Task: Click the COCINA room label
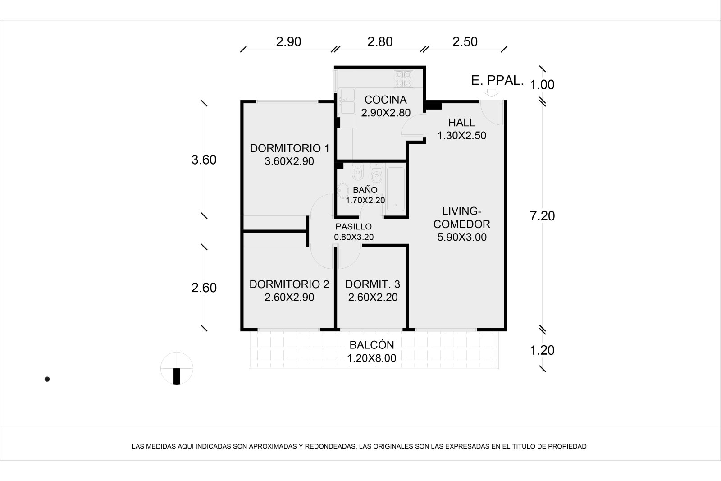pyautogui.click(x=386, y=100)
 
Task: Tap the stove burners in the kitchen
pyautogui.click(x=404, y=79)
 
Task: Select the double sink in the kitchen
pyautogui.click(x=347, y=101)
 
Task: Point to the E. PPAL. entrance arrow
pyautogui.click(x=491, y=93)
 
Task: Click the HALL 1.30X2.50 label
pyautogui.click(x=461, y=129)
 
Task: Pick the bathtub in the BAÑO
pyautogui.click(x=396, y=189)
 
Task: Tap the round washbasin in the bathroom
pyautogui.click(x=343, y=191)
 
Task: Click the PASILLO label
pyautogui.click(x=353, y=227)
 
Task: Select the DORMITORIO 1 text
pyautogui.click(x=289, y=148)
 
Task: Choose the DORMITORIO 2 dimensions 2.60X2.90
pyautogui.click(x=289, y=298)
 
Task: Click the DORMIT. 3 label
pyautogui.click(x=373, y=284)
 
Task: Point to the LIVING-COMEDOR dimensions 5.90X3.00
pyautogui.click(x=461, y=237)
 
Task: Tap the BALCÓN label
pyautogui.click(x=372, y=345)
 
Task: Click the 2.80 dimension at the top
pyautogui.click(x=380, y=42)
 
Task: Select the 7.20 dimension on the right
pyautogui.click(x=543, y=216)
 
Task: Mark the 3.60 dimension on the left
pyautogui.click(x=204, y=160)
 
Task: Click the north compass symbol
pyautogui.click(x=177, y=368)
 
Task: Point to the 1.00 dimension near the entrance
pyautogui.click(x=542, y=85)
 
